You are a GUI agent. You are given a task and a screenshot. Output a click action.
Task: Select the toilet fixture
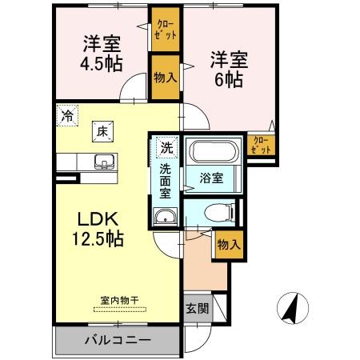[x=214, y=213]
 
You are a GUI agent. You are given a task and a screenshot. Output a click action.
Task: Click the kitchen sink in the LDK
[x=104, y=162]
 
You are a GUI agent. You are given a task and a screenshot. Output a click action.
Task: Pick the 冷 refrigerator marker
[x=67, y=116]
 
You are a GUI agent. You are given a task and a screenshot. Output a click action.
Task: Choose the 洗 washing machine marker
[x=166, y=147]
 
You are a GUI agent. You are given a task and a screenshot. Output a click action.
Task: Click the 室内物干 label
[x=119, y=301]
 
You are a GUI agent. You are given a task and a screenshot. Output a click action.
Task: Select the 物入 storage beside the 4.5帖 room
[x=165, y=78]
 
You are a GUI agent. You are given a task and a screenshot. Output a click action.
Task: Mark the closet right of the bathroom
[x=262, y=146]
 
